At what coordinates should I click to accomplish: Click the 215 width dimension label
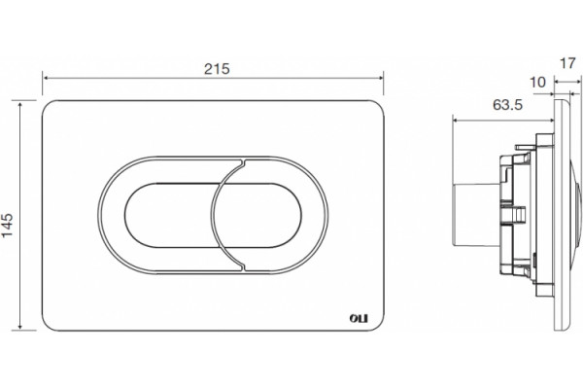(217, 69)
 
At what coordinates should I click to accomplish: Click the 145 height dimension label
(8, 225)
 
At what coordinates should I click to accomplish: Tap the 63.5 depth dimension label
(507, 105)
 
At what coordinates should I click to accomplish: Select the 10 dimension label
(537, 83)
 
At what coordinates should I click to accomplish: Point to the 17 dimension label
(567, 63)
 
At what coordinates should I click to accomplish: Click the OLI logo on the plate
(359, 319)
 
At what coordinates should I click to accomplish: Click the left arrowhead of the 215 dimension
(46, 78)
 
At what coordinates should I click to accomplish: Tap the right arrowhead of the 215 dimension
(380, 78)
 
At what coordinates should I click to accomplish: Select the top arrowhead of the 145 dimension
(19, 103)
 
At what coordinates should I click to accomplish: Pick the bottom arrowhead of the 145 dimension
(19, 327)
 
